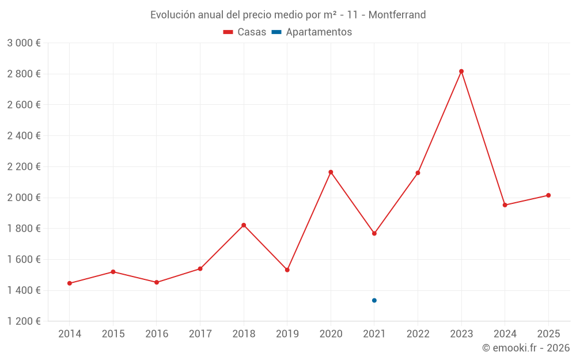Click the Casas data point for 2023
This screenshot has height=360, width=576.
click(461, 71)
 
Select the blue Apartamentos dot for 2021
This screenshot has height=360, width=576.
click(374, 300)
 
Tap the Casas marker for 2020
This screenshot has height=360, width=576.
click(331, 172)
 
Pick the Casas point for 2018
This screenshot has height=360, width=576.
click(244, 225)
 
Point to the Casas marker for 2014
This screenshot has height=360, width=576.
click(70, 283)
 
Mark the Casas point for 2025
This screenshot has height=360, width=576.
click(548, 195)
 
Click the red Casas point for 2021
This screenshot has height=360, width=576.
click(374, 233)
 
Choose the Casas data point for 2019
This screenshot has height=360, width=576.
click(287, 270)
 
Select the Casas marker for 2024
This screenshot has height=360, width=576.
click(505, 205)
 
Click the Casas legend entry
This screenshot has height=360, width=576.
click(245, 32)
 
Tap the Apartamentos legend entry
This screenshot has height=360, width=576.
click(312, 32)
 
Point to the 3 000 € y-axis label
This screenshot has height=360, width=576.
click(24, 43)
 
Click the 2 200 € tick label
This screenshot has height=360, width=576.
click(24, 167)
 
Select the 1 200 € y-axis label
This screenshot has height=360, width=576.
click(24, 321)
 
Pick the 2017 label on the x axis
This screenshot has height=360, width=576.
click(200, 334)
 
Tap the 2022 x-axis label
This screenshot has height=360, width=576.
click(418, 334)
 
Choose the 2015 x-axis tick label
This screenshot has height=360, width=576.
click(113, 334)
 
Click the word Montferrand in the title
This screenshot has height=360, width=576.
click(397, 15)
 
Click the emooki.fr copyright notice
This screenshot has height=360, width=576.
click(526, 348)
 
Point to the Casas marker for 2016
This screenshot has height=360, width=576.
click(157, 282)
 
